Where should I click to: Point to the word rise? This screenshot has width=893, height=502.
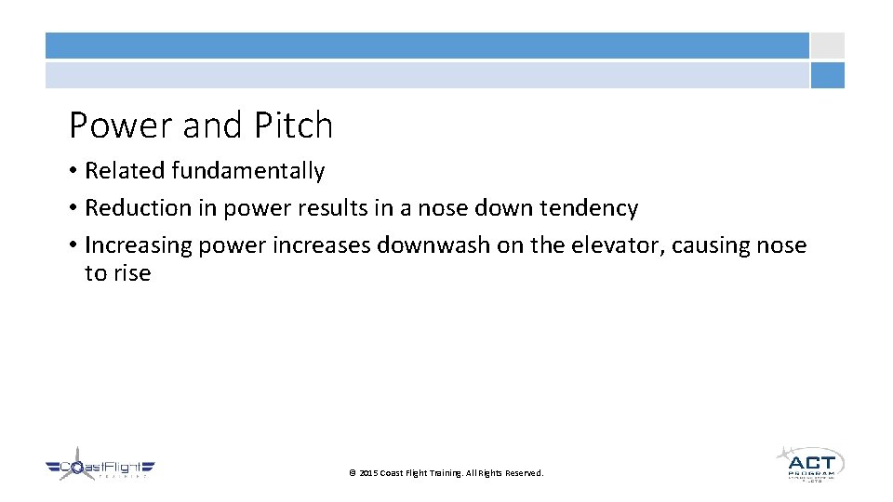[132, 273]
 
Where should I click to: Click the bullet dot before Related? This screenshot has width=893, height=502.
[73, 171]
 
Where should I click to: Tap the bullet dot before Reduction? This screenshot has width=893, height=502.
[73, 208]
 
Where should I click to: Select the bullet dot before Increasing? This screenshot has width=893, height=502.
[73, 245]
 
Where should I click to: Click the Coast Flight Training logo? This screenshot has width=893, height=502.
[100, 466]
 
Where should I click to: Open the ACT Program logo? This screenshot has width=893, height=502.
[810, 463]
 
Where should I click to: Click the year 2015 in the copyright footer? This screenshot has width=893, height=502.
[368, 473]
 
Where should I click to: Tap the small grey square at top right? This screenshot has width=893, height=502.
[827, 46]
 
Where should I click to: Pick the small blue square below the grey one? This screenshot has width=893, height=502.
[827, 75]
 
